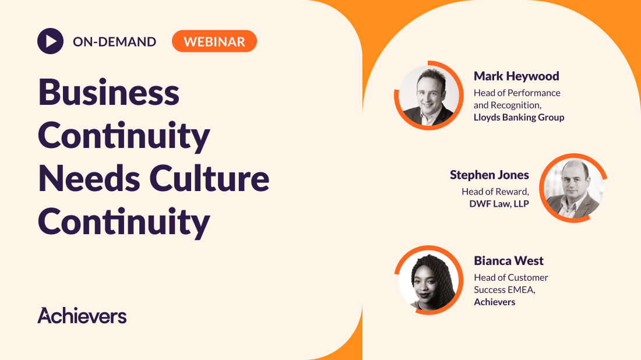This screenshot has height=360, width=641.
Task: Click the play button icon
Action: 50,41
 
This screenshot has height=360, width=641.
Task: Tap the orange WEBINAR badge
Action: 214,41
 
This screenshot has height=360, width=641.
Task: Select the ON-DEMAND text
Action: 114,42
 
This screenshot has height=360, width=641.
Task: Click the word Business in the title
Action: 109,93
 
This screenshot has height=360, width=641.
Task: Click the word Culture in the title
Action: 209,178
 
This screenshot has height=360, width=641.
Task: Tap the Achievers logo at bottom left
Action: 82,315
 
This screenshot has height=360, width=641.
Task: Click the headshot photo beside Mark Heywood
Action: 429,96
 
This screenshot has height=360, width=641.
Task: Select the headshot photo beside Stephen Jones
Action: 573,188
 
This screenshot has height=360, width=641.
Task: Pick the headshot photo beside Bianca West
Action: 429,280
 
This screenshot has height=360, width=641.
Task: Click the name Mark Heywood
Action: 516,76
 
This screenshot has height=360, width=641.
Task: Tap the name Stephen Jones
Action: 489,175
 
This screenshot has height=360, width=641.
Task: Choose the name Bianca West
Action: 509,261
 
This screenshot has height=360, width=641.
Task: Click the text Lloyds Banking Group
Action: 519,117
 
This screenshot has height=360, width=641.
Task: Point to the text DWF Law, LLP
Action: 499,203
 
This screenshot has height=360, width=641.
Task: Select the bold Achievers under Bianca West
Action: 494,302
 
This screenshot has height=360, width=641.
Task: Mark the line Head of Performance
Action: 517,93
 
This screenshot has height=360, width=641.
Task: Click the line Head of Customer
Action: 510,277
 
